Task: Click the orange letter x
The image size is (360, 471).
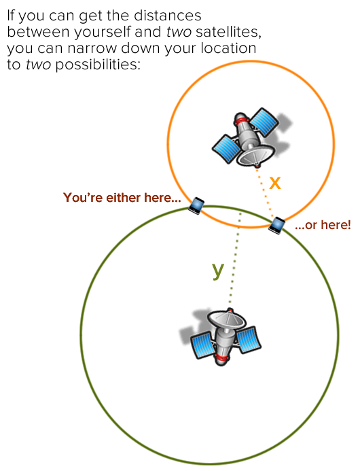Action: [275, 182]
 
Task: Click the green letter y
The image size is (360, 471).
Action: [218, 271]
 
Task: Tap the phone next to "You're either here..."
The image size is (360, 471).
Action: [196, 206]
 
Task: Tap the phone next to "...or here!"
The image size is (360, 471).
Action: [276, 225]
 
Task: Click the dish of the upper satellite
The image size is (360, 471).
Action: [255, 155]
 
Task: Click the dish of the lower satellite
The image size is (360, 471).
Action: [227, 319]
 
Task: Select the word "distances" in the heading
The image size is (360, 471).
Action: [168, 16]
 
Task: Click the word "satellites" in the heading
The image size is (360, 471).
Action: [228, 32]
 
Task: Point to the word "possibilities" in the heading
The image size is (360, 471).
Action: [98, 65]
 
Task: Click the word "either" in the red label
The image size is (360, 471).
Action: [124, 198]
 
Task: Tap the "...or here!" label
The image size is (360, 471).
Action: [323, 225]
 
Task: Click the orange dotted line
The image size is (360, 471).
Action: [265, 193]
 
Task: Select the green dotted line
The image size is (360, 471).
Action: [235, 258]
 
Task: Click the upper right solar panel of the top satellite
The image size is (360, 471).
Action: [264, 121]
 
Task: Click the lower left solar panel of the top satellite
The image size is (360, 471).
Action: [226, 149]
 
